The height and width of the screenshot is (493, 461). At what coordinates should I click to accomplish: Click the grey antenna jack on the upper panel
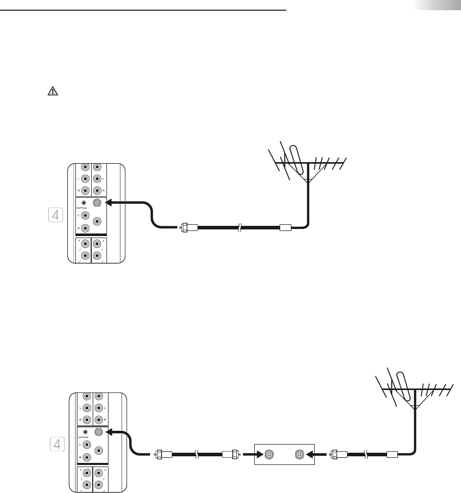coord(97,202)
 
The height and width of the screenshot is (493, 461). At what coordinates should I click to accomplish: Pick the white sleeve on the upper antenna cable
coord(286,228)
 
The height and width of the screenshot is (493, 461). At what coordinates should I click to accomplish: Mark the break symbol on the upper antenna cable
coord(238,228)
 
